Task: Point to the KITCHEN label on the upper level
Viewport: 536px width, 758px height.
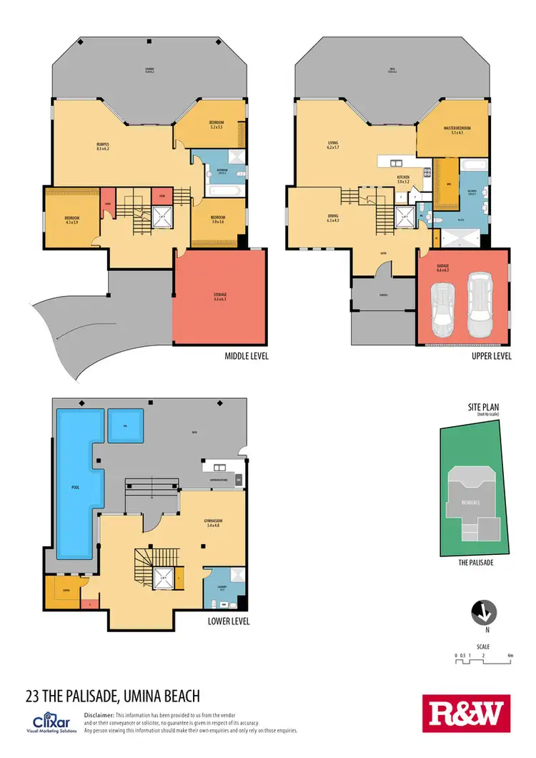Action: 404,179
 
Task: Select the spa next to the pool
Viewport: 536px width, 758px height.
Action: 125,427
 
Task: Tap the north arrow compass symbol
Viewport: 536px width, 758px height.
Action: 482,613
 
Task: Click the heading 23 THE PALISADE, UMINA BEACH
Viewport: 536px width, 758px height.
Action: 112,695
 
